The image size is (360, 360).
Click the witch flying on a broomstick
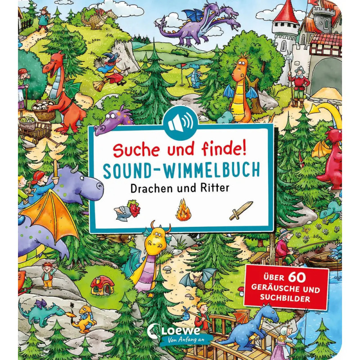[x=110, y=69]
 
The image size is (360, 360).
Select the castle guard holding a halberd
[x=298, y=84]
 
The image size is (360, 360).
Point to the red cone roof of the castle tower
[x=286, y=16]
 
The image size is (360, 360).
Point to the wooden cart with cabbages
[x=35, y=130]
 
